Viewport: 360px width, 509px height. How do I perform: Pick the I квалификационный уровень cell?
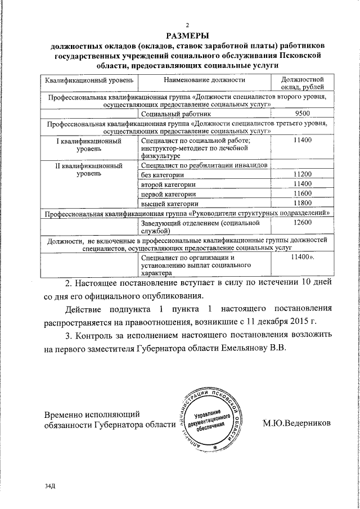point(89,145)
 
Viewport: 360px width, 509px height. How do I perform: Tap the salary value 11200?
point(302,175)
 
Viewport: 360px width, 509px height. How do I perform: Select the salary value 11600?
point(302,193)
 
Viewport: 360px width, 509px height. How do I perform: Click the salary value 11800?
point(302,203)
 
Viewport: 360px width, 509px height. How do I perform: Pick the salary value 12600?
point(302,223)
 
